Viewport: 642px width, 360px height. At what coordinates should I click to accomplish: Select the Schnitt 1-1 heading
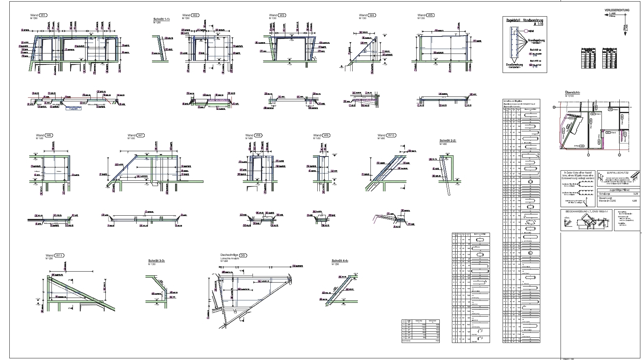click(162, 19)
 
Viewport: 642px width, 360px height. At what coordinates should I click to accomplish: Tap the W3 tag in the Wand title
click(282, 15)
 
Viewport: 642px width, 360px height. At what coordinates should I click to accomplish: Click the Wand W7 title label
click(136, 135)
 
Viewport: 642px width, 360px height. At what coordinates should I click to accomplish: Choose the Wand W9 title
click(322, 135)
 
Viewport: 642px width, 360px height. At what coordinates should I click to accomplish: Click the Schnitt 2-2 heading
click(448, 140)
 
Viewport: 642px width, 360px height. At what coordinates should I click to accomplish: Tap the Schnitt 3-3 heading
click(157, 261)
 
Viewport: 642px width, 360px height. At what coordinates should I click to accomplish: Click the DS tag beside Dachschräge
click(243, 255)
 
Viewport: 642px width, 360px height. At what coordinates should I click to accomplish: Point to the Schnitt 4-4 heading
click(340, 261)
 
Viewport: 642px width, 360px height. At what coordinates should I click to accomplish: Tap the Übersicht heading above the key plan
click(572, 92)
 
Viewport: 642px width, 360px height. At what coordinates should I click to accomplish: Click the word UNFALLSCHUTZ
click(616, 173)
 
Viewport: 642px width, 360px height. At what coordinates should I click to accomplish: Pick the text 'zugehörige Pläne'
click(617, 189)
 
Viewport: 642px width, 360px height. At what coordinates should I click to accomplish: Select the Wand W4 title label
click(367, 15)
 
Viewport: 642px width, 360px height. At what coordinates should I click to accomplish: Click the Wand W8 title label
click(254, 135)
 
